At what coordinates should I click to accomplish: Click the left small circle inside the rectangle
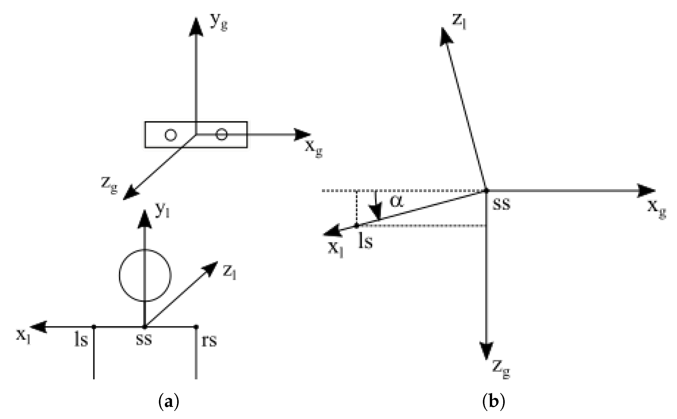click(170, 135)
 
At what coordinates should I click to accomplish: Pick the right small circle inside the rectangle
click(221, 135)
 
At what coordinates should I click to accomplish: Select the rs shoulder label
click(209, 340)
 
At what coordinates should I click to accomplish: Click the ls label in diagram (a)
click(81, 340)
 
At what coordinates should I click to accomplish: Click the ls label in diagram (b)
click(365, 241)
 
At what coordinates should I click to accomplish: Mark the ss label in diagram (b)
click(501, 204)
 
